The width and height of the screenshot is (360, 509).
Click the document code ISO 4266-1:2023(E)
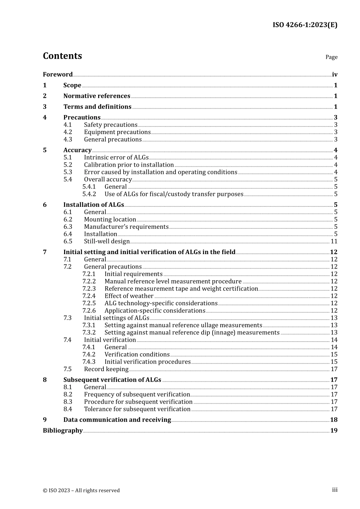click(x=305, y=25)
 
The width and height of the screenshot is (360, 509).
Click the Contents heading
click(x=62, y=56)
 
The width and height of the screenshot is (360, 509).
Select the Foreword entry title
click(x=58, y=75)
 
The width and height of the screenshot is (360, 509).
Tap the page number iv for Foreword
click(x=335, y=75)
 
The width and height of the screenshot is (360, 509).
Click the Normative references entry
click(x=97, y=96)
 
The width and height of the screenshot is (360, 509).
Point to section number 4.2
click(x=67, y=132)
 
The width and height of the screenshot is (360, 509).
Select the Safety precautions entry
click(x=111, y=125)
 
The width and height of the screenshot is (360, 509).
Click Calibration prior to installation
click(x=129, y=165)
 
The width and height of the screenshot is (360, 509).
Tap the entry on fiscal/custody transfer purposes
click(x=174, y=194)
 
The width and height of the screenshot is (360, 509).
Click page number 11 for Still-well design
click(x=334, y=242)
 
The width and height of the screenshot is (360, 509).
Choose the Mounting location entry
click(x=110, y=220)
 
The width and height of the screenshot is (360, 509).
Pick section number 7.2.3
click(x=89, y=289)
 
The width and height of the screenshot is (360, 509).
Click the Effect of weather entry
click(x=129, y=296)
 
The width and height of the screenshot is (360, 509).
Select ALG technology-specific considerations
click(x=161, y=303)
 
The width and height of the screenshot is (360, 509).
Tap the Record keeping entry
click(x=106, y=369)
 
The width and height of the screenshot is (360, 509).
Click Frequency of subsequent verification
click(x=137, y=395)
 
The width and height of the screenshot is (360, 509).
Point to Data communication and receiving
click(x=117, y=420)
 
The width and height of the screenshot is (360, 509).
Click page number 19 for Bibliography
click(x=334, y=431)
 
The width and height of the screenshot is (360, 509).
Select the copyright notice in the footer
click(x=81, y=490)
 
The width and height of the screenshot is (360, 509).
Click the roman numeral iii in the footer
click(x=335, y=490)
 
